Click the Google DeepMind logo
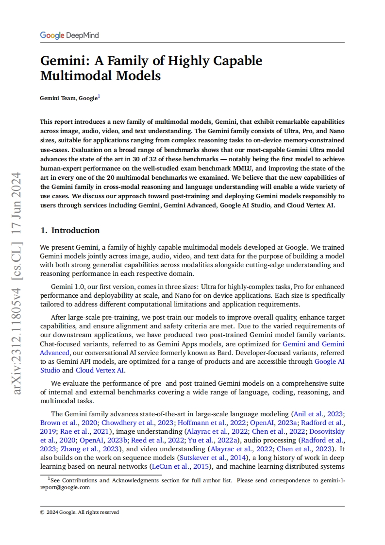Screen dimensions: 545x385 pyautogui.click(x=69, y=35)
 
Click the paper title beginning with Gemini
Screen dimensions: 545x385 pyautogui.click(x=151, y=68)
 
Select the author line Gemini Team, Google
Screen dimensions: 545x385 pyautogui.click(x=70, y=98)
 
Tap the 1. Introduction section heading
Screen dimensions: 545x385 pyautogui.click(x=70, y=230)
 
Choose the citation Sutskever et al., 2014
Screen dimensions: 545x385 pyautogui.click(x=212, y=458)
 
